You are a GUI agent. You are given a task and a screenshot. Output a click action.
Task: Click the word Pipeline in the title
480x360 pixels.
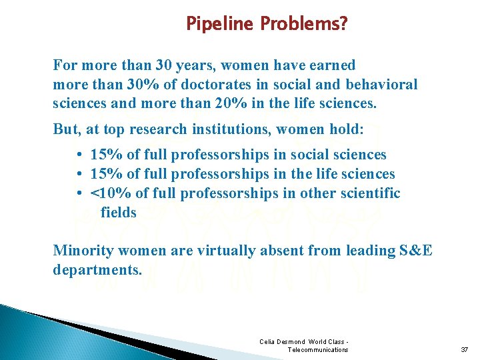(x=221, y=25)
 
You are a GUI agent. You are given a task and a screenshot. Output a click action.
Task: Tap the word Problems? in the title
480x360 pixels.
(x=304, y=25)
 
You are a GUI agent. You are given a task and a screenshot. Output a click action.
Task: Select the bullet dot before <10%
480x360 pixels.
(x=79, y=193)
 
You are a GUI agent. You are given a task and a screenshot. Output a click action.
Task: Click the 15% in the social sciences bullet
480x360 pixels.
(x=106, y=155)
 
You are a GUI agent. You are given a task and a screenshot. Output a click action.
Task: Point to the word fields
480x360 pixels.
(x=118, y=213)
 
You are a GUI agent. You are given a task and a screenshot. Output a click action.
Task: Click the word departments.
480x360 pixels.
(x=97, y=270)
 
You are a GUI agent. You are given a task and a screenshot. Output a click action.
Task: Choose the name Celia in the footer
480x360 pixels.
(x=267, y=342)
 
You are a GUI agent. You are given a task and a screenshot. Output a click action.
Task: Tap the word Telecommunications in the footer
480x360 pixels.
(x=317, y=350)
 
